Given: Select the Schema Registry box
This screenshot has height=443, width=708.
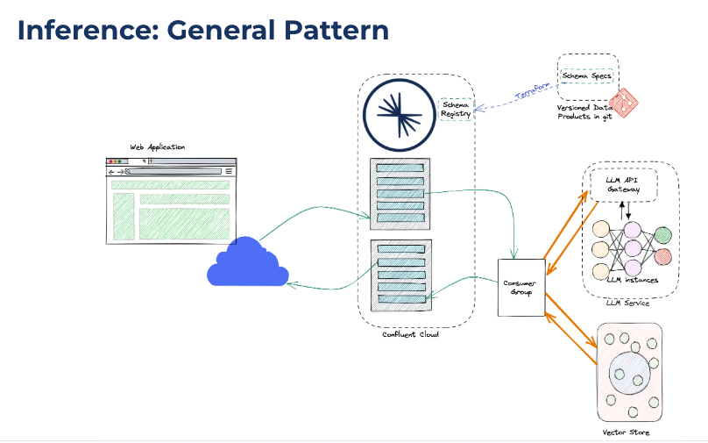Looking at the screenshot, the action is click(x=456, y=110).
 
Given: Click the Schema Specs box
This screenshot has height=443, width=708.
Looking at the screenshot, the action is click(x=586, y=76).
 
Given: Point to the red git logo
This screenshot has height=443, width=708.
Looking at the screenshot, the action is click(x=623, y=103).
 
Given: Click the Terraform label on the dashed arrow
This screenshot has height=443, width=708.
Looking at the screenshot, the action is click(x=533, y=90).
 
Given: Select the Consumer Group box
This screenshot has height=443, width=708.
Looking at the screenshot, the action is click(x=521, y=288).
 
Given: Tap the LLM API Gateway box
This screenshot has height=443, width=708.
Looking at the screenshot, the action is click(x=624, y=185).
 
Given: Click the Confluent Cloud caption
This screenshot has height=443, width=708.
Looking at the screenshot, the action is click(x=410, y=334).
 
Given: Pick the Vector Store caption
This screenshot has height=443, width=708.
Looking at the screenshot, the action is click(x=626, y=432).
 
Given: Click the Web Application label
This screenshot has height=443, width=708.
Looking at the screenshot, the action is click(x=157, y=146).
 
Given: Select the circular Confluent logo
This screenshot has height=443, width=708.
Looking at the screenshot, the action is click(x=400, y=115).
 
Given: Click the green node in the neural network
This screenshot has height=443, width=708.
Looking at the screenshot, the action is click(x=662, y=235).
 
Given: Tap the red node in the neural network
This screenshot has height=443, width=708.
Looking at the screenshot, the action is click(x=662, y=257).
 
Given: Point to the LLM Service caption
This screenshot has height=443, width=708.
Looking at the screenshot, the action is click(x=627, y=303).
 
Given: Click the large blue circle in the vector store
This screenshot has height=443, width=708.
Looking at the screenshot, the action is click(x=629, y=374).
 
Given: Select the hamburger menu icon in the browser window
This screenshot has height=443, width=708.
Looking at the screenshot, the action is click(x=229, y=171).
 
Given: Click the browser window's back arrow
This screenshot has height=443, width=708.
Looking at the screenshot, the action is click(x=111, y=172).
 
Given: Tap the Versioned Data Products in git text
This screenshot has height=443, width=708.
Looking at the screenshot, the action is click(x=584, y=112).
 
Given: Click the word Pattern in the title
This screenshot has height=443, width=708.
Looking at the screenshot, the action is click(x=336, y=31).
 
